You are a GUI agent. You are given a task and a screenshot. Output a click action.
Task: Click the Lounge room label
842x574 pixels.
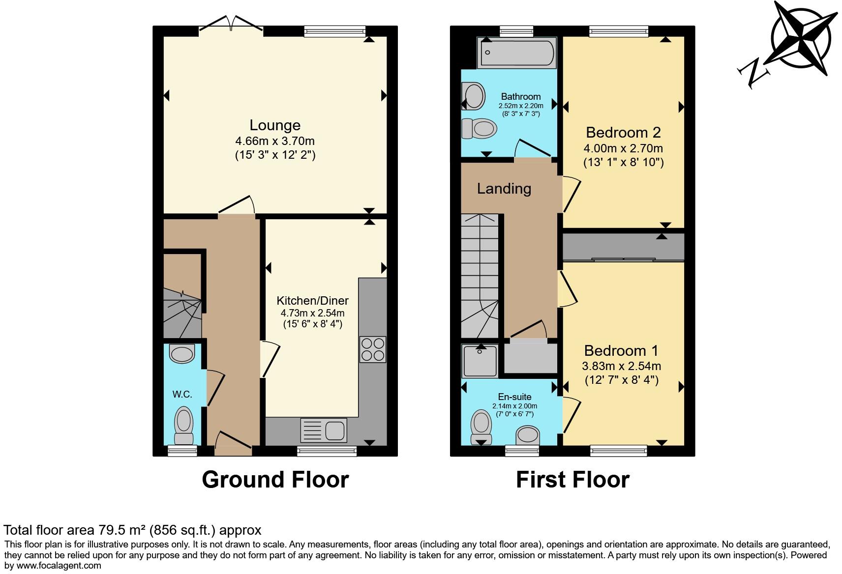click(275, 125)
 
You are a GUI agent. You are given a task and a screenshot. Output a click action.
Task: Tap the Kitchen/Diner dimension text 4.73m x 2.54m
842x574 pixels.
click(312, 313)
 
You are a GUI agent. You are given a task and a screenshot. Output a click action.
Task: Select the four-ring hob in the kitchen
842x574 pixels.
click(372, 349)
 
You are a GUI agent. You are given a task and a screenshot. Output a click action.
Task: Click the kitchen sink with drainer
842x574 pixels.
click(323, 430)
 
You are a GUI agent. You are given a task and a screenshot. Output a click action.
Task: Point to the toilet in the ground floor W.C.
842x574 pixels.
click(184, 426)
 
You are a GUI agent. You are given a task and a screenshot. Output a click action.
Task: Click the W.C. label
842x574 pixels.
click(182, 394)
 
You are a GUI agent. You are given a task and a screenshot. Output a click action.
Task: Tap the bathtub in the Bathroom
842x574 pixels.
click(517, 53)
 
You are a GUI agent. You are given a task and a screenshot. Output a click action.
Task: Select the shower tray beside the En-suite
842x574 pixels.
click(480, 361)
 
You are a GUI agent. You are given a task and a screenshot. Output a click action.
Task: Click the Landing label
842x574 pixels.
click(504, 189)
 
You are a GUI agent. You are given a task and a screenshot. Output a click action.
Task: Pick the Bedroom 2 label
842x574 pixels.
click(623, 133)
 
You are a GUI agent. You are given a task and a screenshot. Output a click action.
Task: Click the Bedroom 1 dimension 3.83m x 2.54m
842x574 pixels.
click(621, 366)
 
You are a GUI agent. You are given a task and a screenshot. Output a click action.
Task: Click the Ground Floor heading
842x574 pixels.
click(275, 480)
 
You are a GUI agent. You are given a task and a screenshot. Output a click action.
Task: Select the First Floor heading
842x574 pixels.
click(572, 480)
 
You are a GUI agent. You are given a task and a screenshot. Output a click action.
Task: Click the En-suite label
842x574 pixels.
click(514, 397)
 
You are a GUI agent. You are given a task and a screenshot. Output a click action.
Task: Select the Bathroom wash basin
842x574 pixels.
click(475, 95)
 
